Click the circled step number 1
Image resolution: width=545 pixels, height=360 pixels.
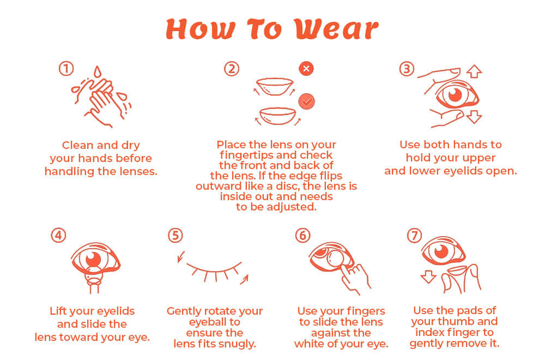[66, 69]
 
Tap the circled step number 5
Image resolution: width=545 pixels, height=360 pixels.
[174, 235]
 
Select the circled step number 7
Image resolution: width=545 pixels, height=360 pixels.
[415, 236]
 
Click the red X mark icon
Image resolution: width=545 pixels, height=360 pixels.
[307, 69]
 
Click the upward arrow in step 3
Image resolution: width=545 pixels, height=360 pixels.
[475, 71]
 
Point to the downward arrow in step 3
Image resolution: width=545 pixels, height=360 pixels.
[475, 116]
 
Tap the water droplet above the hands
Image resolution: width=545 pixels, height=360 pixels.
[97, 72]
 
